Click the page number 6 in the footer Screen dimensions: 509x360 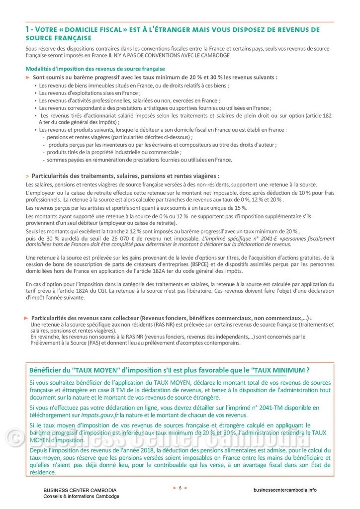click(180, 487)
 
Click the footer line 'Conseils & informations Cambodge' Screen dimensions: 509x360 click(81, 496)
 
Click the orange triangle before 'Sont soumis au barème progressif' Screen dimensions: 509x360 click(28, 78)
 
